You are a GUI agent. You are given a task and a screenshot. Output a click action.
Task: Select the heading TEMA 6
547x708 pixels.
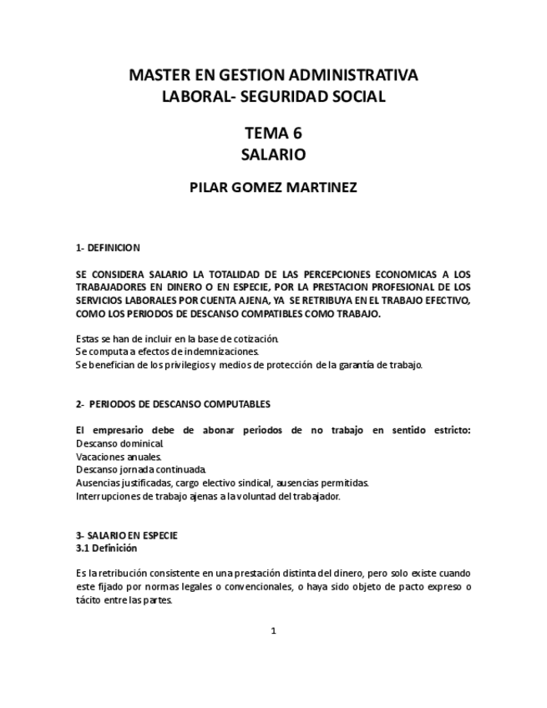pyautogui.click(x=273, y=133)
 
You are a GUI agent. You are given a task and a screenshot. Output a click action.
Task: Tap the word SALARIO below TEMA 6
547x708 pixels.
pyautogui.click(x=273, y=154)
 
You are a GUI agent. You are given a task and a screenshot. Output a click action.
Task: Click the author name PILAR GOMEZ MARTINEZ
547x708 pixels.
pyautogui.click(x=273, y=188)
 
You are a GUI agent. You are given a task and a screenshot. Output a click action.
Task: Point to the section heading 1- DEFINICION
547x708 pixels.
pyautogui.click(x=108, y=248)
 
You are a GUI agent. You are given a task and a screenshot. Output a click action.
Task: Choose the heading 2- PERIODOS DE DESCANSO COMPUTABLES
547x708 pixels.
pyautogui.click(x=173, y=404)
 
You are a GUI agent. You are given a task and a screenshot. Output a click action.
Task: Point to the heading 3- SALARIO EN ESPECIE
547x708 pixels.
pyautogui.click(x=126, y=535)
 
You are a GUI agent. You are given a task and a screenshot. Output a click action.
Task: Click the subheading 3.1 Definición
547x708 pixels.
pyautogui.click(x=106, y=549)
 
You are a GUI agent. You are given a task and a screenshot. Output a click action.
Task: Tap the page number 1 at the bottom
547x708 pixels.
pyautogui.click(x=273, y=631)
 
